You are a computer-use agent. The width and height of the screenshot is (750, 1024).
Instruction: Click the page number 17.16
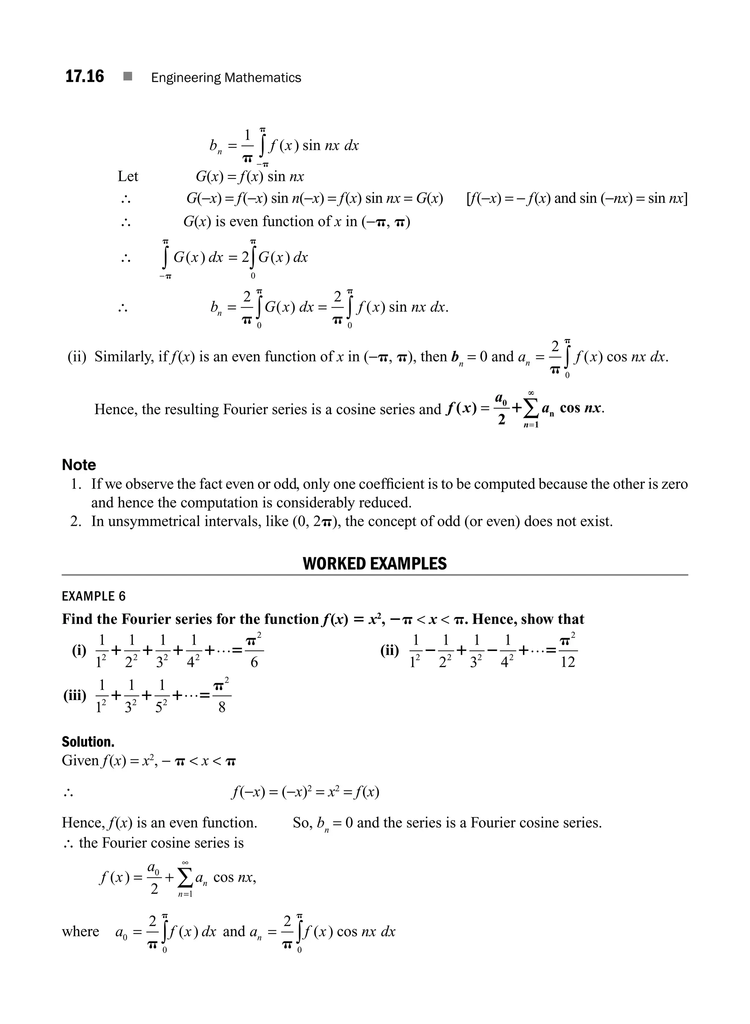[85, 76]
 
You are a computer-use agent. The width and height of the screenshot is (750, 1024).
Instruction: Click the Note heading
[79, 465]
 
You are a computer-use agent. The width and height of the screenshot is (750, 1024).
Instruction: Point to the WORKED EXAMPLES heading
[375, 564]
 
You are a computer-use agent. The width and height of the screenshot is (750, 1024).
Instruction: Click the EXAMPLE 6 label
[93, 596]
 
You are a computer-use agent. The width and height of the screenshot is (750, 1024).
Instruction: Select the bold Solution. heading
[88, 742]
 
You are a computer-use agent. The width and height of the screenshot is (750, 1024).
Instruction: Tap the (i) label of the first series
[79, 651]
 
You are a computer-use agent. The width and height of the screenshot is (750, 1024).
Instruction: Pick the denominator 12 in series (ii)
[568, 663]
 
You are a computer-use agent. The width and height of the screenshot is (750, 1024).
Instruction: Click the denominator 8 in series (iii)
[222, 707]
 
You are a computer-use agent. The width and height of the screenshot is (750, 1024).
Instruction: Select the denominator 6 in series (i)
[254, 663]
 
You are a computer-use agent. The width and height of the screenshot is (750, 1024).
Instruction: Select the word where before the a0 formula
[80, 931]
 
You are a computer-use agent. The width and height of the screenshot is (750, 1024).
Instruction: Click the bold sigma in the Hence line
[530, 409]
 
